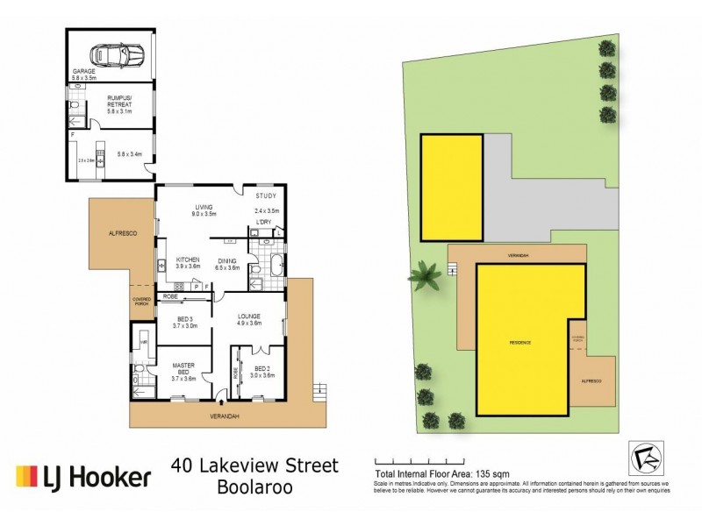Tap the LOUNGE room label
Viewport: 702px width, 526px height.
(249, 318)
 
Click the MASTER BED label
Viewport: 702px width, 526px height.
(182, 367)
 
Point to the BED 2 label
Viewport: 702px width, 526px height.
(262, 371)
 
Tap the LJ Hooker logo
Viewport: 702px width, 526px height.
(83, 477)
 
